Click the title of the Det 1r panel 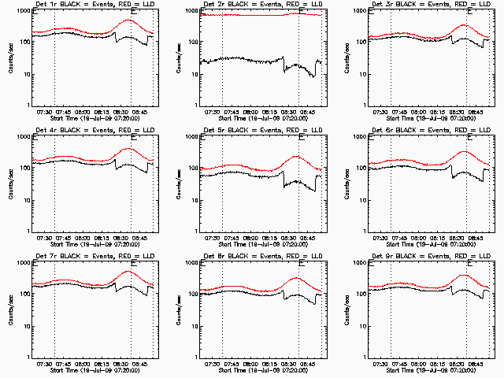click(91, 6)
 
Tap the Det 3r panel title click(430, 6)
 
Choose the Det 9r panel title click(430, 257)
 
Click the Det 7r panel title click(91, 257)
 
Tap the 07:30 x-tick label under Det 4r click(43, 238)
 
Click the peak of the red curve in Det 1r click(130, 21)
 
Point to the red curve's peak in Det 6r click(464, 151)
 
